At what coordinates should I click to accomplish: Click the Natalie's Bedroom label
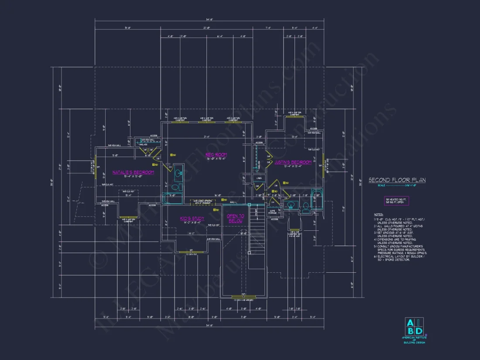133,172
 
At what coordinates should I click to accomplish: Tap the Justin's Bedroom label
293,162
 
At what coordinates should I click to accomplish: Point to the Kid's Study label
192,219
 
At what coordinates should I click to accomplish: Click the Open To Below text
236,219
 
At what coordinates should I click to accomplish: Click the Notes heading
378,215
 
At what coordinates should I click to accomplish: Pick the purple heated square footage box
397,201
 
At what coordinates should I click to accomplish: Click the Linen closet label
259,177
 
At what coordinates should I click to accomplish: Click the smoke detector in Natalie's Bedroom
155,165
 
